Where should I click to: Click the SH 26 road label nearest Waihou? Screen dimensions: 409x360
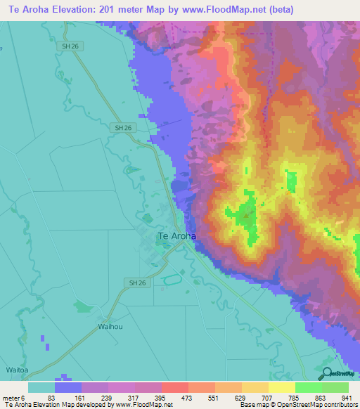pos(139,283)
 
